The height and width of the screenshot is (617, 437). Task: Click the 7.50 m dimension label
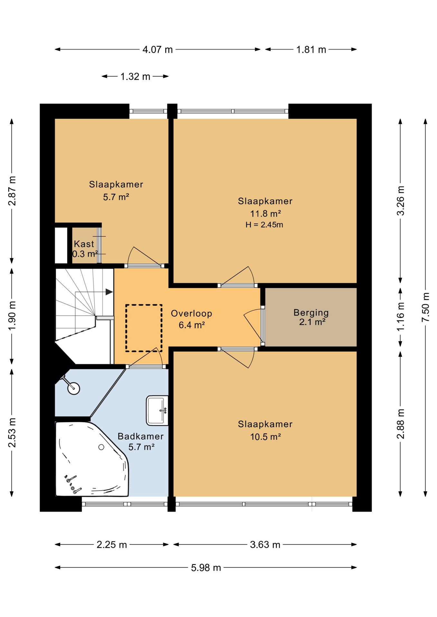[x=425, y=307]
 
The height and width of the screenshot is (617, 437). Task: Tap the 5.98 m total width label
[x=206, y=568]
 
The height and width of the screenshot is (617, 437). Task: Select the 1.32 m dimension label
[x=135, y=76]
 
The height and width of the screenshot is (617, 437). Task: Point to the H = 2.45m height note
[x=264, y=225]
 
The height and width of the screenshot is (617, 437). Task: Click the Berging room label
[x=311, y=313]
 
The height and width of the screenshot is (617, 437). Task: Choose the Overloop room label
[x=191, y=313]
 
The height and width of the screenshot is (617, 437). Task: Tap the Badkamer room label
[x=141, y=436]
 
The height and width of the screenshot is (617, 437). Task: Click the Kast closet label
[x=84, y=244]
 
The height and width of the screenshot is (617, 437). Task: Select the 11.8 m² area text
[x=265, y=213]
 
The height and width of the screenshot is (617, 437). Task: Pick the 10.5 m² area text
[x=265, y=436]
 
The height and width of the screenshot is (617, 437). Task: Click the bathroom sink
[x=157, y=410]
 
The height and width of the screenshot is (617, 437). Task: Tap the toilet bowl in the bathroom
[x=74, y=388]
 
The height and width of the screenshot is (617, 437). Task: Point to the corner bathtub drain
[x=101, y=447]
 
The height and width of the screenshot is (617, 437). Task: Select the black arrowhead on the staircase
[x=109, y=292]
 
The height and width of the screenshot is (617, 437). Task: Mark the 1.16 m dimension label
[x=400, y=317]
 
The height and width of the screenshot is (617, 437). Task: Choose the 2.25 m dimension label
[x=112, y=545]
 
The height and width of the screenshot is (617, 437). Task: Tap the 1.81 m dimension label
[x=311, y=49]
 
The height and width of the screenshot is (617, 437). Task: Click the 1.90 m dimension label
[x=12, y=316]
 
